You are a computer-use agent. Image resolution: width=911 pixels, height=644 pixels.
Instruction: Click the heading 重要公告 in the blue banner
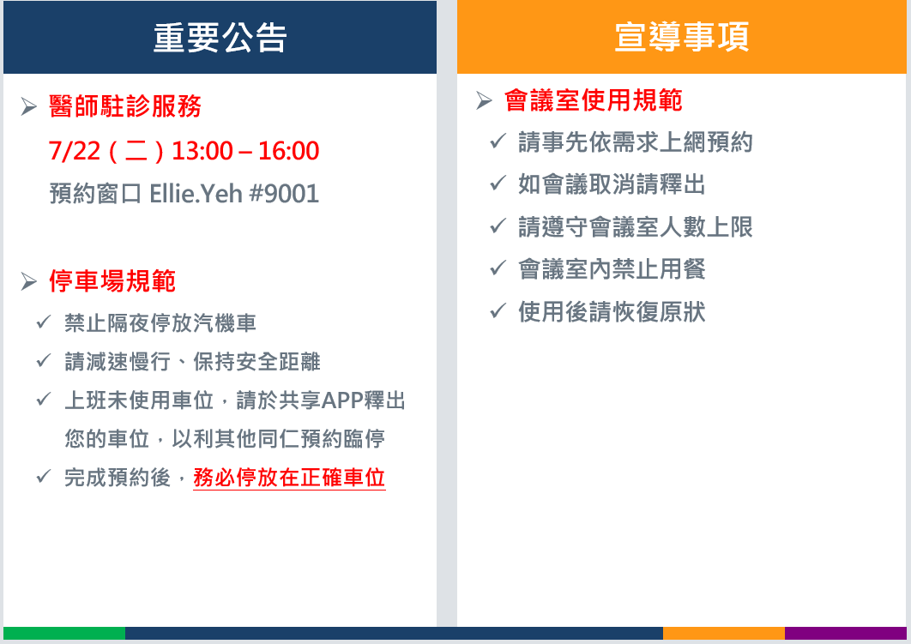(x=220, y=38)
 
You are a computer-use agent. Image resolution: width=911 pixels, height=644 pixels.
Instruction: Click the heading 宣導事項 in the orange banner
(x=681, y=37)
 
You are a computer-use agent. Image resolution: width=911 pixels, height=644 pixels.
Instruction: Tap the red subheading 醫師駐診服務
(x=125, y=106)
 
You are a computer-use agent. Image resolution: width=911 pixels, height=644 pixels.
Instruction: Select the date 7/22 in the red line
(x=75, y=151)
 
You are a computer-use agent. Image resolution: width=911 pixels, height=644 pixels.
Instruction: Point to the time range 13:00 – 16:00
(x=245, y=151)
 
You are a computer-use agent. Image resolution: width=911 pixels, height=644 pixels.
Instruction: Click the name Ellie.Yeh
(x=196, y=194)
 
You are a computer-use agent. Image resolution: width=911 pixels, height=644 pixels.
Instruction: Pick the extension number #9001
(x=284, y=194)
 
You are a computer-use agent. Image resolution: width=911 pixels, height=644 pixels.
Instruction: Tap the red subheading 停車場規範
(x=112, y=281)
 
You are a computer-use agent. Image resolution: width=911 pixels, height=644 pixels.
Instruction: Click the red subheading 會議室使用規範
(x=594, y=100)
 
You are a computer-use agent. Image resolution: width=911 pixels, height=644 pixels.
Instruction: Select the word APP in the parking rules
(x=342, y=400)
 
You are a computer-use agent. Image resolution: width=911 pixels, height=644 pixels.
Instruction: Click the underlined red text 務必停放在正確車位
(x=289, y=478)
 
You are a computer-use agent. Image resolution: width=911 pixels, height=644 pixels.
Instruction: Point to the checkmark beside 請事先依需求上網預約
(x=498, y=141)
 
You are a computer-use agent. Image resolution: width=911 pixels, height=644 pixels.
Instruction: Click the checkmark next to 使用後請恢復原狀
(x=498, y=310)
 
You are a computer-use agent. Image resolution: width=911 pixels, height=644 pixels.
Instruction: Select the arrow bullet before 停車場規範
(x=28, y=281)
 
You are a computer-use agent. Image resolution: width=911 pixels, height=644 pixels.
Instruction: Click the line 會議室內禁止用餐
(x=612, y=269)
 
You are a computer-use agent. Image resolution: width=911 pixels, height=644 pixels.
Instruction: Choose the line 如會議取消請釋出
(x=612, y=184)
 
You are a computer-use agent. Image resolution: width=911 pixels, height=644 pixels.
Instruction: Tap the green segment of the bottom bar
(x=64, y=633)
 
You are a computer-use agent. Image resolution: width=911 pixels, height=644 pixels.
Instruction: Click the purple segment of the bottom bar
(x=846, y=633)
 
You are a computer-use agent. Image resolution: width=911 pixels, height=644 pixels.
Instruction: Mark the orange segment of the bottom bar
(x=724, y=633)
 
